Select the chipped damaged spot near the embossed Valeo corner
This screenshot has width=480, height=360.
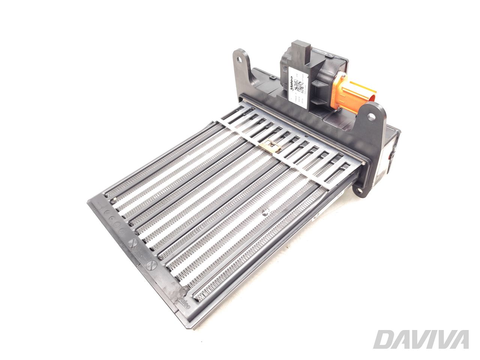tap(184, 291)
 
